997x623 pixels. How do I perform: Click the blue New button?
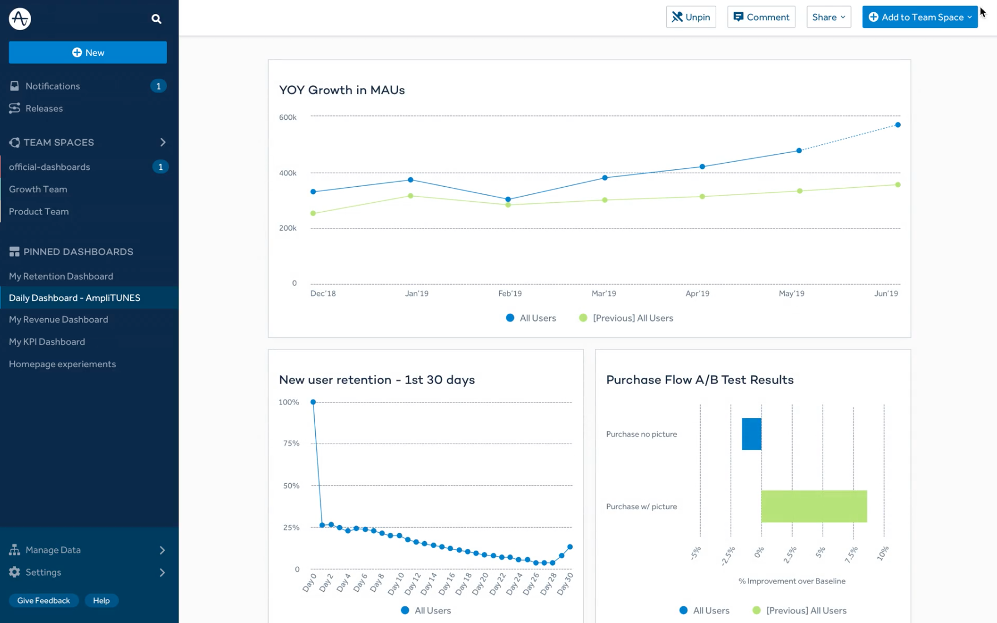[x=88, y=52]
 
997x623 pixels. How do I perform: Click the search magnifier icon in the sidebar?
[x=157, y=19]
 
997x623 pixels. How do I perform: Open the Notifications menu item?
[x=52, y=86]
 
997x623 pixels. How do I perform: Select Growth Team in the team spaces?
[x=38, y=189]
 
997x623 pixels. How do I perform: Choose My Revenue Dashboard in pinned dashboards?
[x=58, y=319]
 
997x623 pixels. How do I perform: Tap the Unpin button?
[x=691, y=17]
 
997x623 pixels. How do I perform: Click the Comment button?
[x=761, y=17]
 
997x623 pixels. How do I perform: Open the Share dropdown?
[x=828, y=17]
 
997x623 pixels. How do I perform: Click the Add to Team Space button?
[x=920, y=17]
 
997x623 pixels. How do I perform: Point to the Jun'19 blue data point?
[x=898, y=125]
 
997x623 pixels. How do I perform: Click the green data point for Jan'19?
[x=410, y=196]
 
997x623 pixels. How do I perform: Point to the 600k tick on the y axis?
[x=288, y=117]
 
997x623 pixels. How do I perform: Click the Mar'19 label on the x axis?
[x=604, y=294]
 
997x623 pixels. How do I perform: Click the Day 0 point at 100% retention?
[x=313, y=402]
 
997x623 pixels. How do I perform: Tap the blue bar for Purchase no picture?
[x=751, y=434]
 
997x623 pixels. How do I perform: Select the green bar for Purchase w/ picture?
[x=814, y=506]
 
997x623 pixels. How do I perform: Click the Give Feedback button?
[x=43, y=600]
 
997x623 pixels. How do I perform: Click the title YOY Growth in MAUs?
[x=341, y=90]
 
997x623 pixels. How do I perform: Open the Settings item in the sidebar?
[x=43, y=572]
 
